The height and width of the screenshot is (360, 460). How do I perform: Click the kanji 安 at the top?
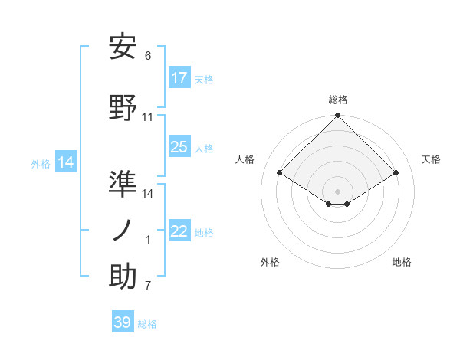point(123,47)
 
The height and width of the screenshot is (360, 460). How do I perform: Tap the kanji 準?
point(123,184)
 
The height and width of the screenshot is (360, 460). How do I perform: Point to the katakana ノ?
point(123,230)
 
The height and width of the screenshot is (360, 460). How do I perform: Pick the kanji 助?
point(123,277)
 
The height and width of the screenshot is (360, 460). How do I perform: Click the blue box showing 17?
point(179,77)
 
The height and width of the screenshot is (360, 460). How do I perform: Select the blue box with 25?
point(179,147)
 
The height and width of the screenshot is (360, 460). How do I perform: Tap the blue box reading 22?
point(179,231)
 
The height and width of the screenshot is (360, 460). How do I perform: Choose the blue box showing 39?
point(123,322)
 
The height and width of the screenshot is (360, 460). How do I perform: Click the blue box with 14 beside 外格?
point(66,162)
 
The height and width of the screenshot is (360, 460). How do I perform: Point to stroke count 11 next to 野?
point(148,117)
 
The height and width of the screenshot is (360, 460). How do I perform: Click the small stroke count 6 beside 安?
point(148,56)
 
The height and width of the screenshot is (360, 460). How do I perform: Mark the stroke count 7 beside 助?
point(148,286)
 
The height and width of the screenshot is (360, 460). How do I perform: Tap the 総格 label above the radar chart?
point(338,100)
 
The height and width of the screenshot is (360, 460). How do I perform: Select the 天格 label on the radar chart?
point(432,159)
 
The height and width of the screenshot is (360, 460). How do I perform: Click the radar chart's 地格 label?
point(402,262)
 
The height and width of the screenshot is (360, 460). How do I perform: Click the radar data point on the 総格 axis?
point(338,116)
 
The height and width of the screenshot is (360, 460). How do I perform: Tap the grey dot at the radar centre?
point(338,190)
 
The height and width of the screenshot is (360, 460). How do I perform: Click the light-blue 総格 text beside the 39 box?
point(147,324)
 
